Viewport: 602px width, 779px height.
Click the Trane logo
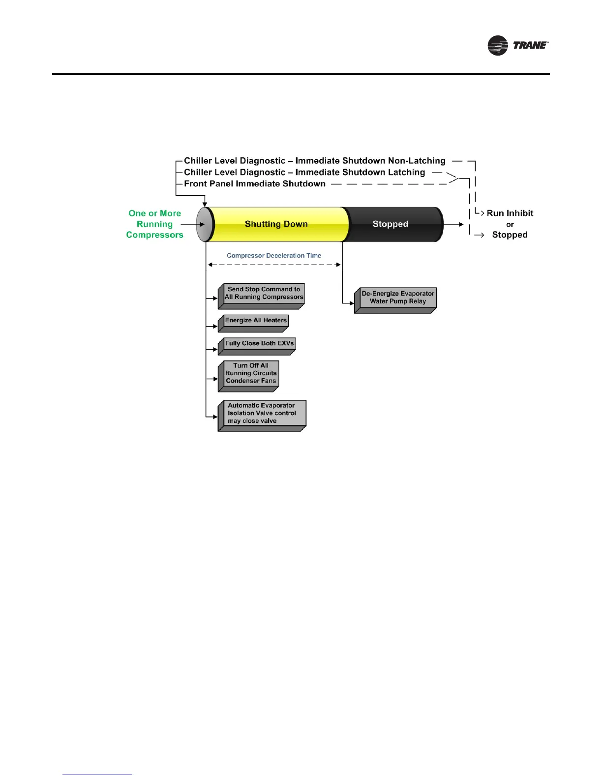point(518,45)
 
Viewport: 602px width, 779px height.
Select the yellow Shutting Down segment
point(276,224)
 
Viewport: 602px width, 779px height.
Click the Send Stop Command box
point(263,294)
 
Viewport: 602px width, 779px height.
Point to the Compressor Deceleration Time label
point(274,256)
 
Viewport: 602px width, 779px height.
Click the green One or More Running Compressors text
point(155,224)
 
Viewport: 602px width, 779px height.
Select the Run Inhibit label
point(510,213)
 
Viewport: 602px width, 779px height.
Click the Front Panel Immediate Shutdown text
point(255,184)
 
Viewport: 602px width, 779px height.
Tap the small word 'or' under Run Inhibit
point(510,225)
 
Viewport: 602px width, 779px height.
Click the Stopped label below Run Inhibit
point(510,235)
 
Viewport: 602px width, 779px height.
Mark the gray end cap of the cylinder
point(204,224)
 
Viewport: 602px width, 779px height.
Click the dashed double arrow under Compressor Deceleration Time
point(274,265)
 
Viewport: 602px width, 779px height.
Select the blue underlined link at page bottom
point(97,775)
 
